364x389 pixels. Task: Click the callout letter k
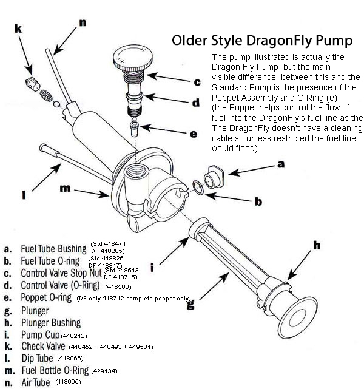click(18, 29)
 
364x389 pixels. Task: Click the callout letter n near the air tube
click(83, 22)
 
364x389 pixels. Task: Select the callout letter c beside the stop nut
click(197, 82)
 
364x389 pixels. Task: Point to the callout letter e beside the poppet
click(194, 134)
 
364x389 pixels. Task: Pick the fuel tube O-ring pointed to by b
click(198, 186)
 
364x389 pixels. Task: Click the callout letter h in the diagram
click(316, 245)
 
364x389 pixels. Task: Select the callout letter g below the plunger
click(191, 305)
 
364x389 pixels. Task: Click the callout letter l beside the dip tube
click(22, 195)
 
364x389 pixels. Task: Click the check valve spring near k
click(46, 95)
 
